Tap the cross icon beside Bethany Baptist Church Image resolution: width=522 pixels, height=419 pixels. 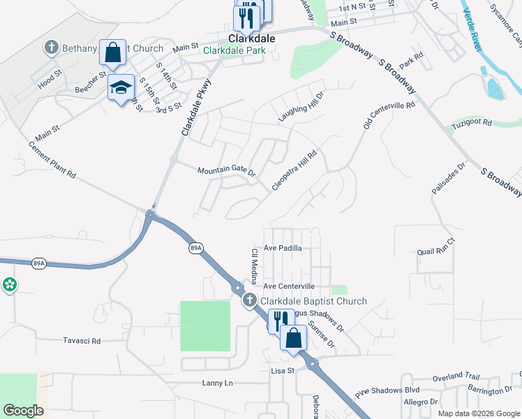point(51,48)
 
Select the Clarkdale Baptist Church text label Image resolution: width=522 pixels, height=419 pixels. point(313,301)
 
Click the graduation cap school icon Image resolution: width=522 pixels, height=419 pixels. point(121,88)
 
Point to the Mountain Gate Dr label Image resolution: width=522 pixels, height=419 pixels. point(226,171)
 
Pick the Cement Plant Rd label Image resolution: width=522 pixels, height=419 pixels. point(52,159)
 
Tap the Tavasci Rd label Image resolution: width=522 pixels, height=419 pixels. point(82,341)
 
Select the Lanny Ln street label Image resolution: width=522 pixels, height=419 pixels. point(217,383)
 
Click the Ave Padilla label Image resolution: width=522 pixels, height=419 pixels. point(283,248)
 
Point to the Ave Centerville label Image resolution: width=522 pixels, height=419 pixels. point(289,286)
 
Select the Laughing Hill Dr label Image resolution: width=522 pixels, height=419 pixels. point(301,107)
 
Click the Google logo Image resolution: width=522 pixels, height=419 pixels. point(24,411)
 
